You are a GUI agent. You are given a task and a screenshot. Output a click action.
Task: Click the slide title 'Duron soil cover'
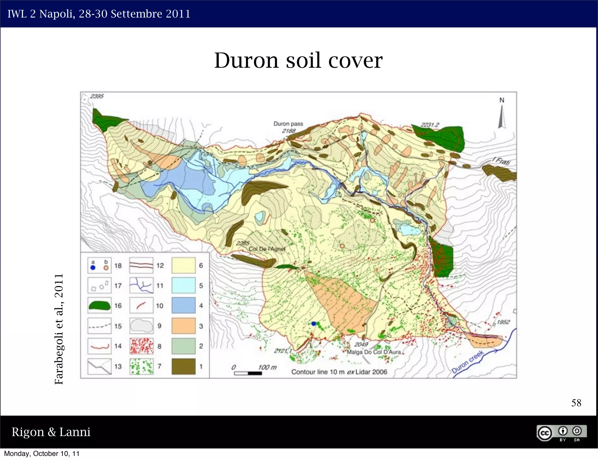point(298,60)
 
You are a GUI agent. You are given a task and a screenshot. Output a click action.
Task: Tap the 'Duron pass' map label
point(288,124)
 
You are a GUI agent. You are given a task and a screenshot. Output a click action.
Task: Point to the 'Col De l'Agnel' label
point(267,249)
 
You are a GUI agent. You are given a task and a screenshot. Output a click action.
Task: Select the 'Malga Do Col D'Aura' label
point(373,352)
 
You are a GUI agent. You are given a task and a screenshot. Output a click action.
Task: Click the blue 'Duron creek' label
point(467,362)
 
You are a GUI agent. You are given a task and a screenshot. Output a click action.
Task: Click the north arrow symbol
point(502,116)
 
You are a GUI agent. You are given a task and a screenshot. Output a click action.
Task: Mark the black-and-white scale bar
point(248,373)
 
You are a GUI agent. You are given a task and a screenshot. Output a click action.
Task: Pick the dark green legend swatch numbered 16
point(100,306)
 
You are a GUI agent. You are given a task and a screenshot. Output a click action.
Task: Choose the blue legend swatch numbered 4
point(183,306)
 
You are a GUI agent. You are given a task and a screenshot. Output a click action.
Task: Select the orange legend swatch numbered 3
point(183,326)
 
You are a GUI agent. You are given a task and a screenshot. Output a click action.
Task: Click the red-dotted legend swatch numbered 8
point(141,346)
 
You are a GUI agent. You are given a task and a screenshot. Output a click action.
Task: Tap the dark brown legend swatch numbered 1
point(183,366)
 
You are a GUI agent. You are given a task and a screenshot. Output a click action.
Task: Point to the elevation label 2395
point(97,96)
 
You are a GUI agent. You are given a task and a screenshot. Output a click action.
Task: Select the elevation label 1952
point(503,322)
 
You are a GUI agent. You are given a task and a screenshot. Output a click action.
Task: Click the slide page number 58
point(576,403)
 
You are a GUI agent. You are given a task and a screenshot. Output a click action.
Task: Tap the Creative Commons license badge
point(561,433)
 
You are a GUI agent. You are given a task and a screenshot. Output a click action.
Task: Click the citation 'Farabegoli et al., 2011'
point(59,329)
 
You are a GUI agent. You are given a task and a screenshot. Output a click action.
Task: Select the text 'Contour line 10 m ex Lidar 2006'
point(339,372)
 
